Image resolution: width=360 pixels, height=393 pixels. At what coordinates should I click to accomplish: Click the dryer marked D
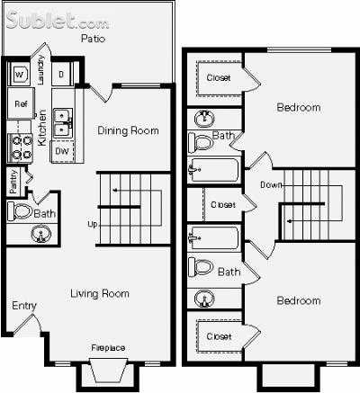pyautogui.click(x=61, y=75)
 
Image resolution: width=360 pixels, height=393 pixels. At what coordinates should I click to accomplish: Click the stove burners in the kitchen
pyautogui.click(x=20, y=147)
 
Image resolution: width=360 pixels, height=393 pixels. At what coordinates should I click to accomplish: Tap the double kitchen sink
pyautogui.click(x=62, y=122)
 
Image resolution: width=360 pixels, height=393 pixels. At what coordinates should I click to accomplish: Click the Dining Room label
pyautogui.click(x=128, y=130)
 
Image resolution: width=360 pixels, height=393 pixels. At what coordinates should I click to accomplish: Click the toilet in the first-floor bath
pyautogui.click(x=20, y=213)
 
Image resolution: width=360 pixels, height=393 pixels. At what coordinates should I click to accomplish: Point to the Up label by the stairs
pyautogui.click(x=92, y=224)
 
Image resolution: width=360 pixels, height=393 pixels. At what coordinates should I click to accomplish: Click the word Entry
pyautogui.click(x=24, y=306)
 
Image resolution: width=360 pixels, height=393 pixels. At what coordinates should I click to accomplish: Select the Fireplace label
pyautogui.click(x=108, y=347)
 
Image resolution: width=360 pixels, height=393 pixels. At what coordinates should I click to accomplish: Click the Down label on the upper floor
pyautogui.click(x=270, y=185)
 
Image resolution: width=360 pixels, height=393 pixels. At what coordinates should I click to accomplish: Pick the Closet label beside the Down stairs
pyautogui.click(x=222, y=205)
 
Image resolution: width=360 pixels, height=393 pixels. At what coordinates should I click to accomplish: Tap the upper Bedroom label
pyautogui.click(x=298, y=108)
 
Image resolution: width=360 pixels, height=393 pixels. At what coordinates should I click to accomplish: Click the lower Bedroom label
pyautogui.click(x=298, y=300)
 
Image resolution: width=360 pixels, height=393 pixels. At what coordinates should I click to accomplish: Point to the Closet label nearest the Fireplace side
pyautogui.click(x=219, y=335)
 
